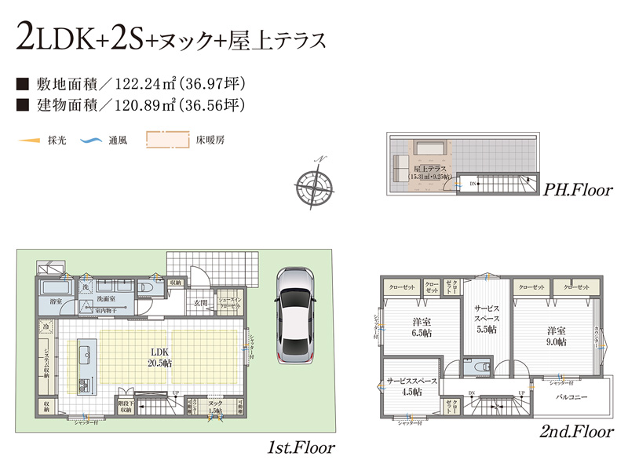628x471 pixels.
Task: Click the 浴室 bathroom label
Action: pos(56,301)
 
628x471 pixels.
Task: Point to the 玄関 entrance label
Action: pos(201,302)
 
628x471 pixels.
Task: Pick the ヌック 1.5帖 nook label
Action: pos(214,407)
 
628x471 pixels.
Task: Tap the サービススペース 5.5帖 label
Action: pos(486,320)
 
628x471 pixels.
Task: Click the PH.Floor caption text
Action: pos(578,189)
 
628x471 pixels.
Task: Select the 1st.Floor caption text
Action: pos(301,448)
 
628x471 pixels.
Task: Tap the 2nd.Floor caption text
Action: pos(575,432)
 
